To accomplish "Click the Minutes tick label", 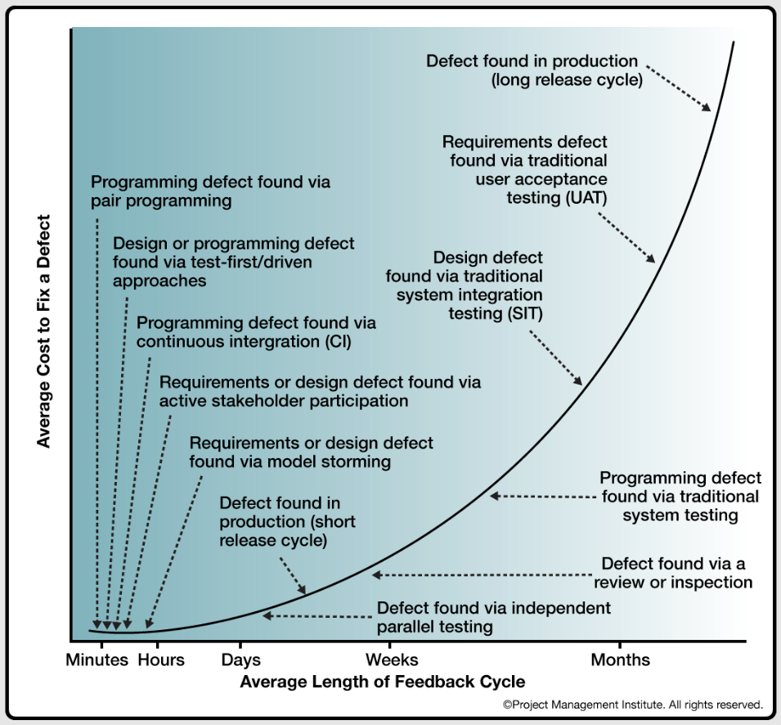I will [x=97, y=660].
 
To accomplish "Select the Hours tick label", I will [x=161, y=660].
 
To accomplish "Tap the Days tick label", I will [x=241, y=660].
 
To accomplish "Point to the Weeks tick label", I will [x=392, y=660].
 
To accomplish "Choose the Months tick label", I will [x=621, y=660].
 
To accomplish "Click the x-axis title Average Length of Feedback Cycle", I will [x=383, y=681].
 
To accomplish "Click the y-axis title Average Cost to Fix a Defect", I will [x=44, y=331].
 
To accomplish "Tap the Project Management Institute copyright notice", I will [x=633, y=704].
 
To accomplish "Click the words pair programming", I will [x=161, y=200].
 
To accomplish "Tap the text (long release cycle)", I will [x=566, y=80].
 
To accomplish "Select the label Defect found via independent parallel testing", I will [x=493, y=618].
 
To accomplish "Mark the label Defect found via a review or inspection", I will [x=672, y=573].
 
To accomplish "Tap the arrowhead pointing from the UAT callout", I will [x=652, y=259].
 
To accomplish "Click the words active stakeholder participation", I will [x=284, y=401].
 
